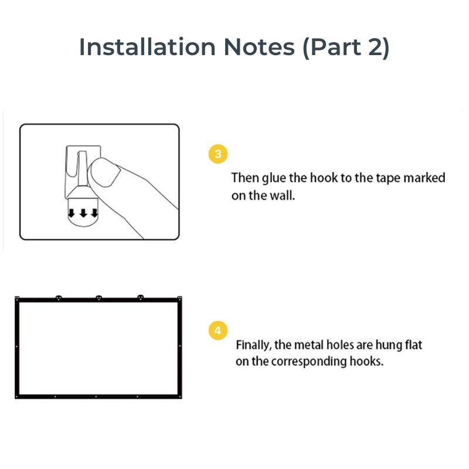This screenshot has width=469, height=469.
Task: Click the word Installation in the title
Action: coord(147,47)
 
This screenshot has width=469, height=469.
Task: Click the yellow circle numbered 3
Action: coord(218,154)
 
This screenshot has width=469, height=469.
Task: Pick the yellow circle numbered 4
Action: coord(218,331)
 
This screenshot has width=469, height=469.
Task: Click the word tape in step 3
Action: coord(384,178)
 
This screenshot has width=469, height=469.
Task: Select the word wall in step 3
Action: coord(281,195)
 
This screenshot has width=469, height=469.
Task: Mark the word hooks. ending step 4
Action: coord(368,361)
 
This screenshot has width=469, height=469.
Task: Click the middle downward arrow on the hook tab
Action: coord(83,213)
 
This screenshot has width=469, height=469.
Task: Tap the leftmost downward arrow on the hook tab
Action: coord(73,213)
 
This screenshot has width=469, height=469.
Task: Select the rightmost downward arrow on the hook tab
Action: coord(94,213)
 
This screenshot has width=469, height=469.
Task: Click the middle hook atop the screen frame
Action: coord(98,298)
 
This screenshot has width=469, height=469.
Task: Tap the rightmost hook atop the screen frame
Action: coord(140,298)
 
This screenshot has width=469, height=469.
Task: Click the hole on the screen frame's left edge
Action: coord(16,348)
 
